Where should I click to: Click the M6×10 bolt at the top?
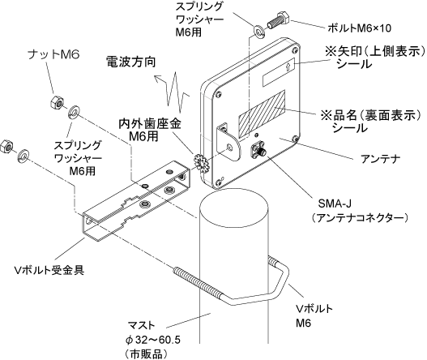278,20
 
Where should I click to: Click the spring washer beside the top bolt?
258,31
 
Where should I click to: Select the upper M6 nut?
58,102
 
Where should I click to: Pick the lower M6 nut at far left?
8,147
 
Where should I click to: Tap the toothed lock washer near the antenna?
200,163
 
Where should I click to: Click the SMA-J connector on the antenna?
258,150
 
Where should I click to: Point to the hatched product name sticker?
262,114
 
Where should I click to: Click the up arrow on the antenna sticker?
288,66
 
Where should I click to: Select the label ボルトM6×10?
359,28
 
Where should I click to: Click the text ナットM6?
54,55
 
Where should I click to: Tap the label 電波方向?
130,62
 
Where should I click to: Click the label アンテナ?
381,159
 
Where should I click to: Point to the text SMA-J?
335,204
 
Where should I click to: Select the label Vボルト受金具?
49,270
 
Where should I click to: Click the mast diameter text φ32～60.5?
153,340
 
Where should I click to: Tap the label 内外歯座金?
150,124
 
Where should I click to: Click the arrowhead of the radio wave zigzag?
158,79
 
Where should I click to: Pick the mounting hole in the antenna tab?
229,148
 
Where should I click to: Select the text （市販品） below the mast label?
146,354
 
